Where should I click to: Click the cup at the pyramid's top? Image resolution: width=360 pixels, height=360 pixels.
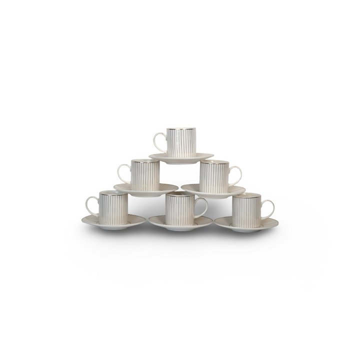tap(181, 142)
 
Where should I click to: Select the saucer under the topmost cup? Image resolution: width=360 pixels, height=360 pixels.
tap(181, 159)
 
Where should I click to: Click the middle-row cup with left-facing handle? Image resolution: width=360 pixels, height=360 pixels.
tap(145, 174)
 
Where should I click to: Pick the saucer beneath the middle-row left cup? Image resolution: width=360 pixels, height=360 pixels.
tap(145, 190)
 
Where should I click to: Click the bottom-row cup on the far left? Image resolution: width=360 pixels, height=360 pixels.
tap(113, 207)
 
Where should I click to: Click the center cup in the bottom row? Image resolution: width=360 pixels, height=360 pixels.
tap(179, 209)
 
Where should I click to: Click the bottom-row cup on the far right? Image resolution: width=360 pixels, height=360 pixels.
tap(246, 210)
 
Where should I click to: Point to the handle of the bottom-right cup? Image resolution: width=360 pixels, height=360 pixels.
tap(269, 209)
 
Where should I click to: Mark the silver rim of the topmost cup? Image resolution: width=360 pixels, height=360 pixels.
tap(181, 128)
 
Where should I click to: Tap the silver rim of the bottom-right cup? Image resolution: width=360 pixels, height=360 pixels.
tap(246, 194)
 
